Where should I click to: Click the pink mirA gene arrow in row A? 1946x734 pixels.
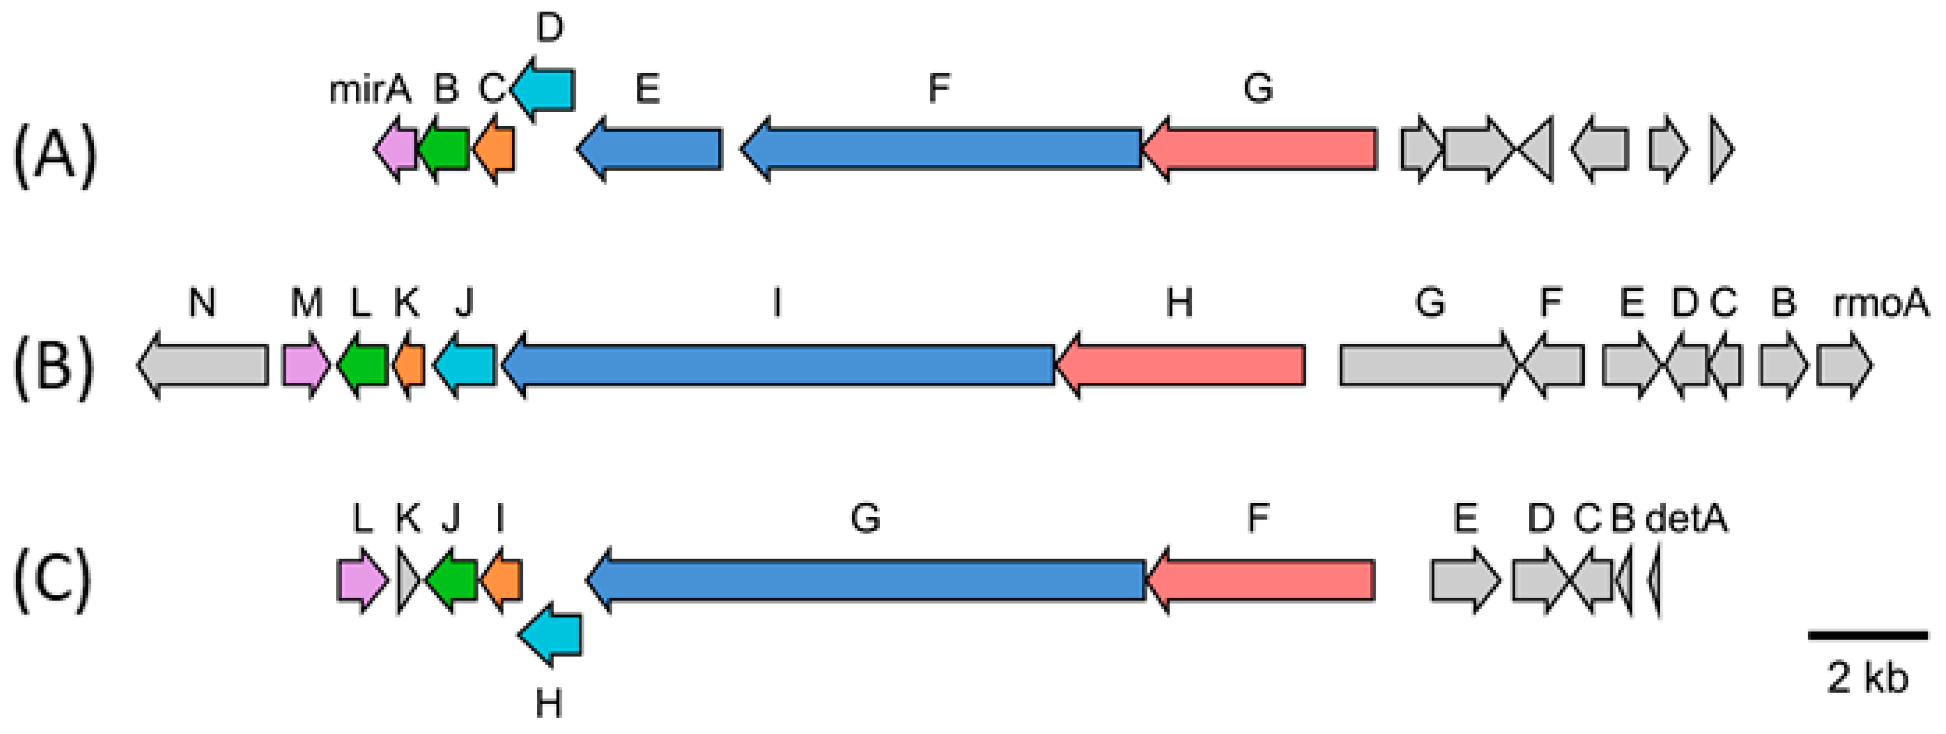[397, 149]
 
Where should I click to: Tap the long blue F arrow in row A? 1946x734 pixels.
[941, 149]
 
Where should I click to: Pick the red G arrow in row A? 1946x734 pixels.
[1260, 149]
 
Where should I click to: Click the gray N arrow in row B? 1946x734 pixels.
[204, 365]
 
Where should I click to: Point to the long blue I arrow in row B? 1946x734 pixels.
[778, 365]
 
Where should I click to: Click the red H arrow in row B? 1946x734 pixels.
[1181, 365]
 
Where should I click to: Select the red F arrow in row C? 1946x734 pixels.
[1260, 580]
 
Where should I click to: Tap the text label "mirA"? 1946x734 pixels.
[370, 91]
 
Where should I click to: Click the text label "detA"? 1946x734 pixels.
[1686, 519]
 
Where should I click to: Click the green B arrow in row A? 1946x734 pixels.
[444, 149]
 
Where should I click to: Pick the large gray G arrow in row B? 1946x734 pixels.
[1428, 365]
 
